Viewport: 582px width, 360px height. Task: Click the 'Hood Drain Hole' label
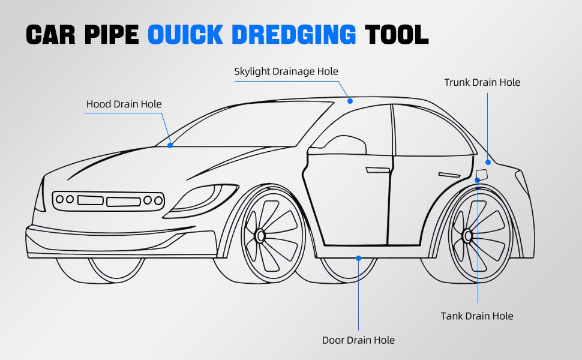click(124, 104)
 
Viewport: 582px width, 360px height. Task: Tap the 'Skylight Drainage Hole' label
click(286, 71)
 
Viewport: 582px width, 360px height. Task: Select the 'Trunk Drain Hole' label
click(482, 82)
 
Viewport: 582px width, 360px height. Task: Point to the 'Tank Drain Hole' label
click(477, 316)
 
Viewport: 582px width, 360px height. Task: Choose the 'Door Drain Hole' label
click(358, 340)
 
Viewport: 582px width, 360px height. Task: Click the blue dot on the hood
click(170, 145)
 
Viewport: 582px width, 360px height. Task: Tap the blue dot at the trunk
click(488, 161)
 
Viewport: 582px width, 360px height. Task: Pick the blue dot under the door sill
click(358, 258)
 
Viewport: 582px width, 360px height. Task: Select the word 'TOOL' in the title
click(397, 35)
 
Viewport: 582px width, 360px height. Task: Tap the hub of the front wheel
click(260, 236)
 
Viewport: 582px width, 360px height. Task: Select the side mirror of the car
click(346, 146)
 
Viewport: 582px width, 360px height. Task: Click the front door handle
click(377, 170)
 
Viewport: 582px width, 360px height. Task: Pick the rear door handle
click(449, 175)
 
